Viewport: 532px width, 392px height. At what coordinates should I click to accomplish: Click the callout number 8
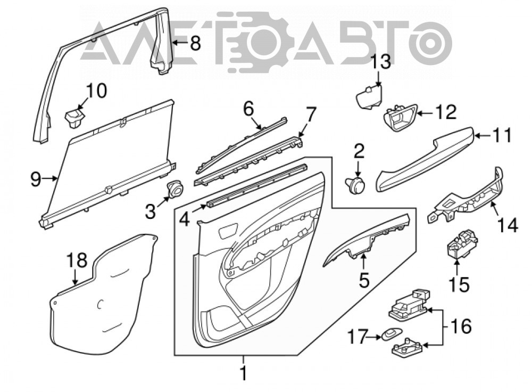click(195, 44)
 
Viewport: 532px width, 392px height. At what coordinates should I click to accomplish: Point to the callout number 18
click(77, 261)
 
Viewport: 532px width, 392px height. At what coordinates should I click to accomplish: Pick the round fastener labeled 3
click(175, 189)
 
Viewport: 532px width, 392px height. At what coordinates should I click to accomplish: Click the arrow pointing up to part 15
click(456, 267)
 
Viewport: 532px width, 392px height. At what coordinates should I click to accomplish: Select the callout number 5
click(364, 280)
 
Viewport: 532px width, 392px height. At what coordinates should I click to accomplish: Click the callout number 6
click(248, 109)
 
